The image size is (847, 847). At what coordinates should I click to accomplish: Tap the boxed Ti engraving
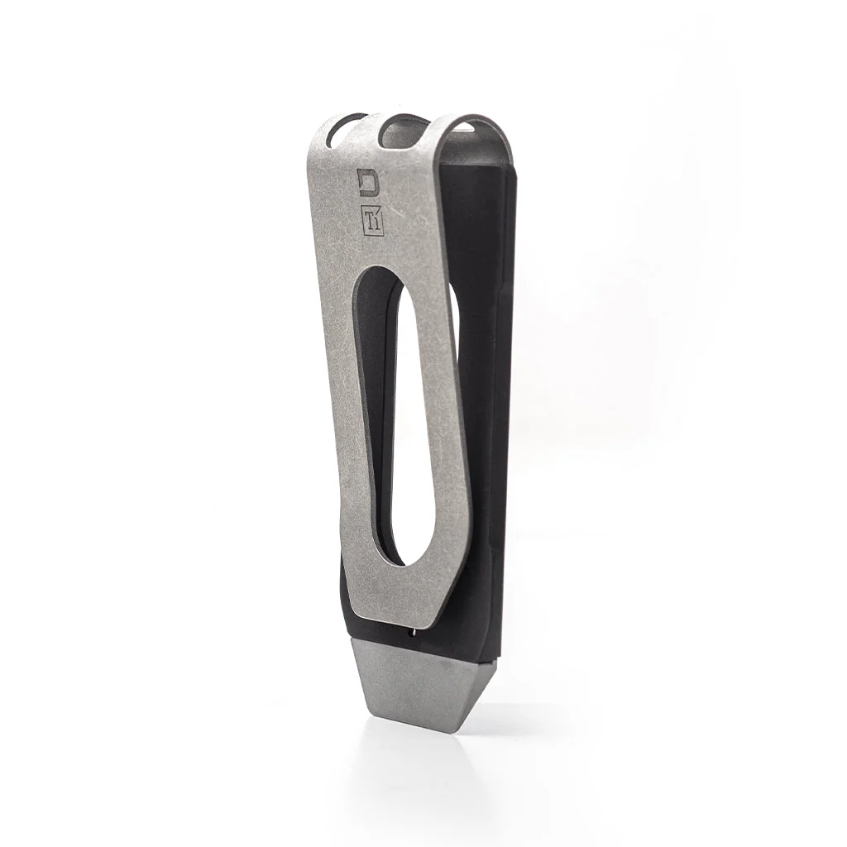[x=370, y=219]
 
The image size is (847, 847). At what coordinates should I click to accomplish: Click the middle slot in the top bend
[x=404, y=127]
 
